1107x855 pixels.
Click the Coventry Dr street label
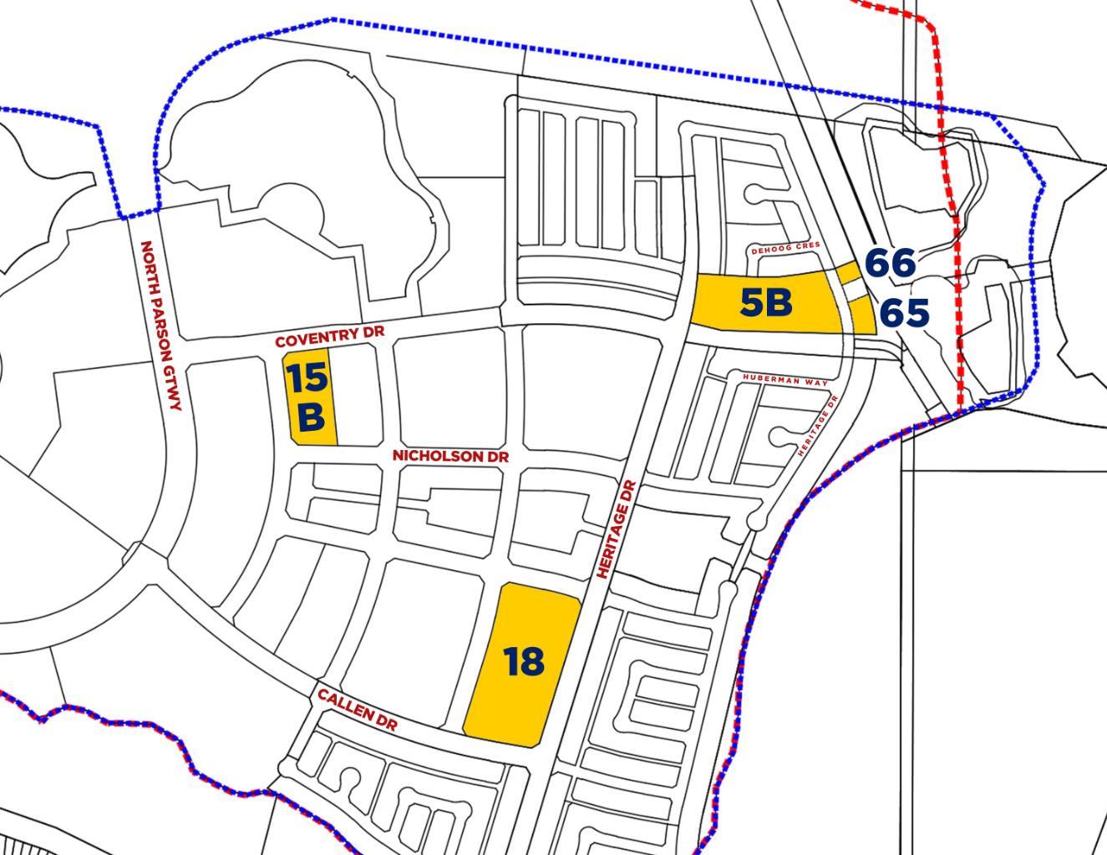point(329,336)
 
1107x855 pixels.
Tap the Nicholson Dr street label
point(450,457)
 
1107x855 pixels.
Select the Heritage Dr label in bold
point(617,529)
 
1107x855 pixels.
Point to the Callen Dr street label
point(357,709)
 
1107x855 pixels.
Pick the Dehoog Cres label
point(785,249)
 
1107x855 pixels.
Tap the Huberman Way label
point(785,380)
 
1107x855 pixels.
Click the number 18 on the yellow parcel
point(524,661)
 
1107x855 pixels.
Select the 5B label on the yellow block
point(766,302)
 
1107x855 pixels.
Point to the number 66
point(890,263)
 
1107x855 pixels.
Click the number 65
point(905,313)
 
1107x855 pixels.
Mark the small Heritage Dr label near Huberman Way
point(818,425)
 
